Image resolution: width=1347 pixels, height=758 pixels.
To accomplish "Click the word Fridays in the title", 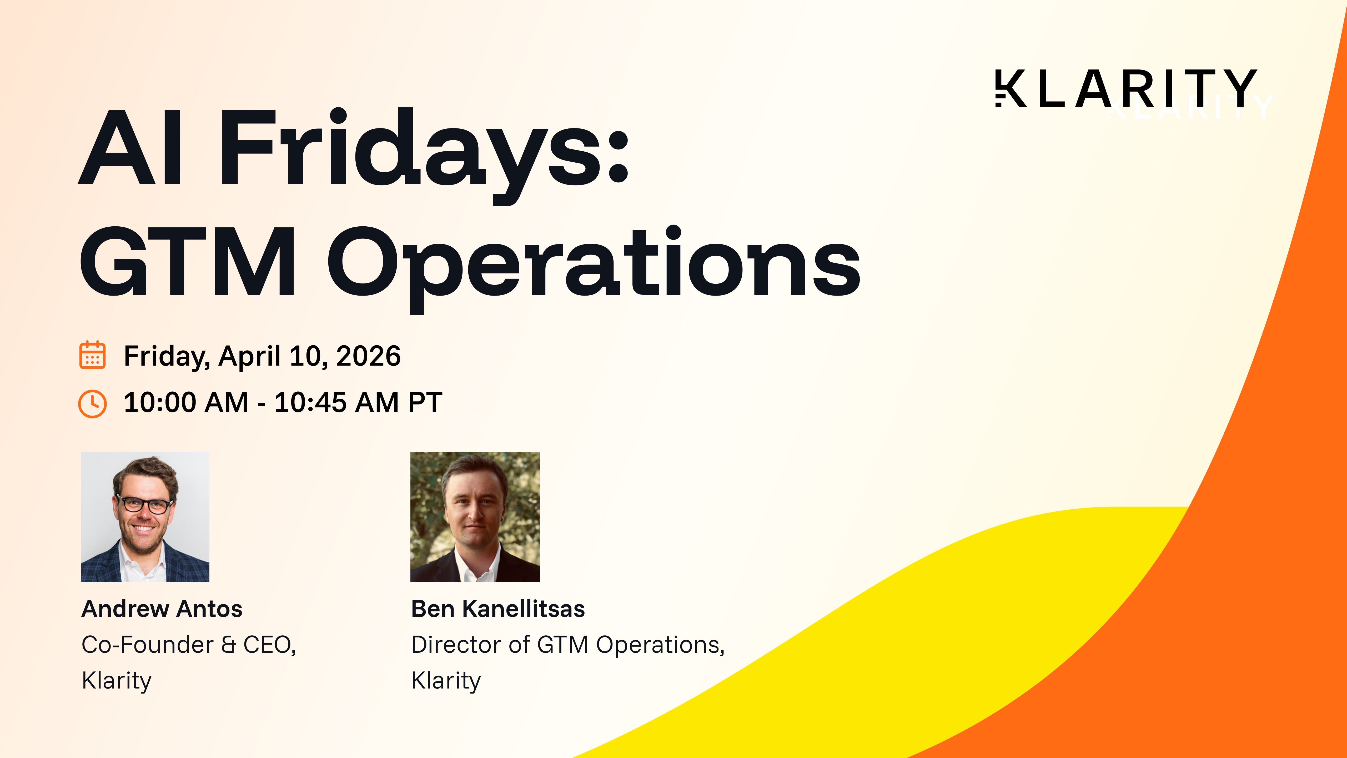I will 424,149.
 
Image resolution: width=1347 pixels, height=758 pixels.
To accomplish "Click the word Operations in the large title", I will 594,264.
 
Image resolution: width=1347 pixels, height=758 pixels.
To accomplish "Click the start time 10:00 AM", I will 186,402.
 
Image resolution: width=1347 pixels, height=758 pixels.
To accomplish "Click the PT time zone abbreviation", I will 425,402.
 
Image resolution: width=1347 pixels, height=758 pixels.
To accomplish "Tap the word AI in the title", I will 131,149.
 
